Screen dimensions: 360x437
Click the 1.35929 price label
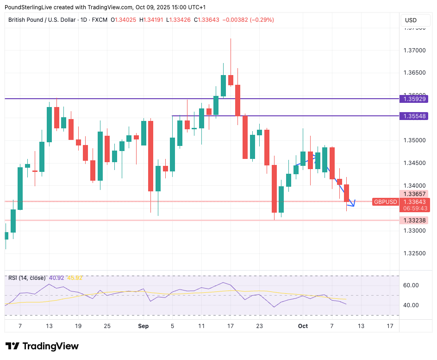tap(415, 99)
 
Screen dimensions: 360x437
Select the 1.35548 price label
tap(415, 116)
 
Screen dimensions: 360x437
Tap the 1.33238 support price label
tap(415, 221)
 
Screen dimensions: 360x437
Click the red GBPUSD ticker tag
tap(386, 202)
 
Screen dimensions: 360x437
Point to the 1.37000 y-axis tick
tap(415, 50)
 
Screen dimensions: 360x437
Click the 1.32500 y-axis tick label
tap(415, 253)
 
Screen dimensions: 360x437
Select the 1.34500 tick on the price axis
tap(415, 163)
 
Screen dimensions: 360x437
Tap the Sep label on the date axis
tap(144, 326)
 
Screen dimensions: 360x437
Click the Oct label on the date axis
tap(303, 326)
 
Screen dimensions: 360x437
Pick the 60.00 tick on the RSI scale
tap(412, 285)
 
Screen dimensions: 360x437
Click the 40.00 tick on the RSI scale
tap(412, 305)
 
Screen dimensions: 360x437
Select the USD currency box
tap(411, 20)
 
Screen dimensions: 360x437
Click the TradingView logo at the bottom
tap(42, 346)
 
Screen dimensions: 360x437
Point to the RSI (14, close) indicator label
tap(27, 278)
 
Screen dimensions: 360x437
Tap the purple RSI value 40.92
tap(56, 278)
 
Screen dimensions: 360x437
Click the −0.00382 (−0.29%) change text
tap(248, 20)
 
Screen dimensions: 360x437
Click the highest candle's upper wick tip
tap(231, 39)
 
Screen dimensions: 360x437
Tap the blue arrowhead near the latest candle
tap(354, 203)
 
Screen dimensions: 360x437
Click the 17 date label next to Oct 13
tap(390, 326)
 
